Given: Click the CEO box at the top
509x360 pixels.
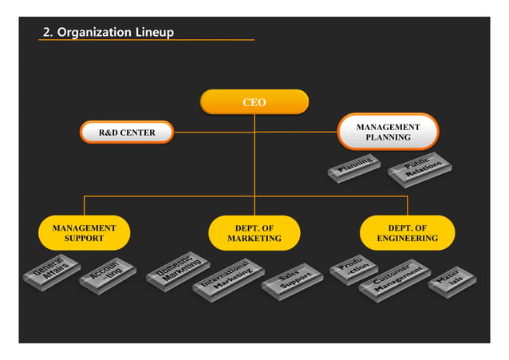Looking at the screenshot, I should tap(254, 102).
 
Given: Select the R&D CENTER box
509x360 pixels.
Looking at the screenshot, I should tap(127, 132).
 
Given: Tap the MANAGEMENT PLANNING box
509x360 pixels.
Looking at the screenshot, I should tap(388, 132).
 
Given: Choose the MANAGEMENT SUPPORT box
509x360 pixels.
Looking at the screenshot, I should tap(84, 233).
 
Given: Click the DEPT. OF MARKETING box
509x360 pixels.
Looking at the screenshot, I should tap(254, 233).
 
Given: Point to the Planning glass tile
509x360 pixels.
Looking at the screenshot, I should tap(354, 166).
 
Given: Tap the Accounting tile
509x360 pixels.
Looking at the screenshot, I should tap(108, 273).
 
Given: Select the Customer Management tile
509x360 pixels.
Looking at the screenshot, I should tap(394, 278).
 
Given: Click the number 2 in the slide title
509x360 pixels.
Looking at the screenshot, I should tap(46, 32).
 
